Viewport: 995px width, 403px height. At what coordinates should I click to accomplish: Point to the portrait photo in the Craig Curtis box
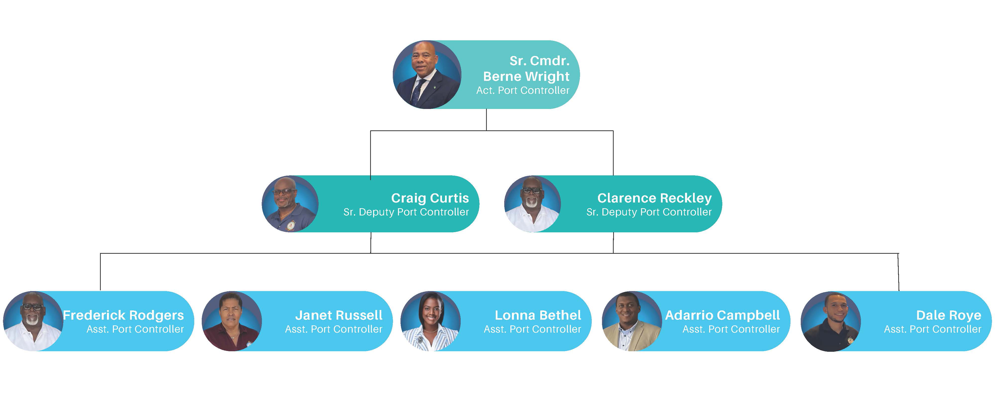(290, 204)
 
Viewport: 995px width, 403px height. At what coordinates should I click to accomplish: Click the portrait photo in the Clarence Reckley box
(532, 204)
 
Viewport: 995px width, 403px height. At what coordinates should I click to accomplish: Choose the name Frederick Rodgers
(123, 315)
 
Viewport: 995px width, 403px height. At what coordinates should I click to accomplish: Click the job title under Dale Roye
(932, 329)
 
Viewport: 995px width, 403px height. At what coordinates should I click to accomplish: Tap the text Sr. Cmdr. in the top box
(539, 61)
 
